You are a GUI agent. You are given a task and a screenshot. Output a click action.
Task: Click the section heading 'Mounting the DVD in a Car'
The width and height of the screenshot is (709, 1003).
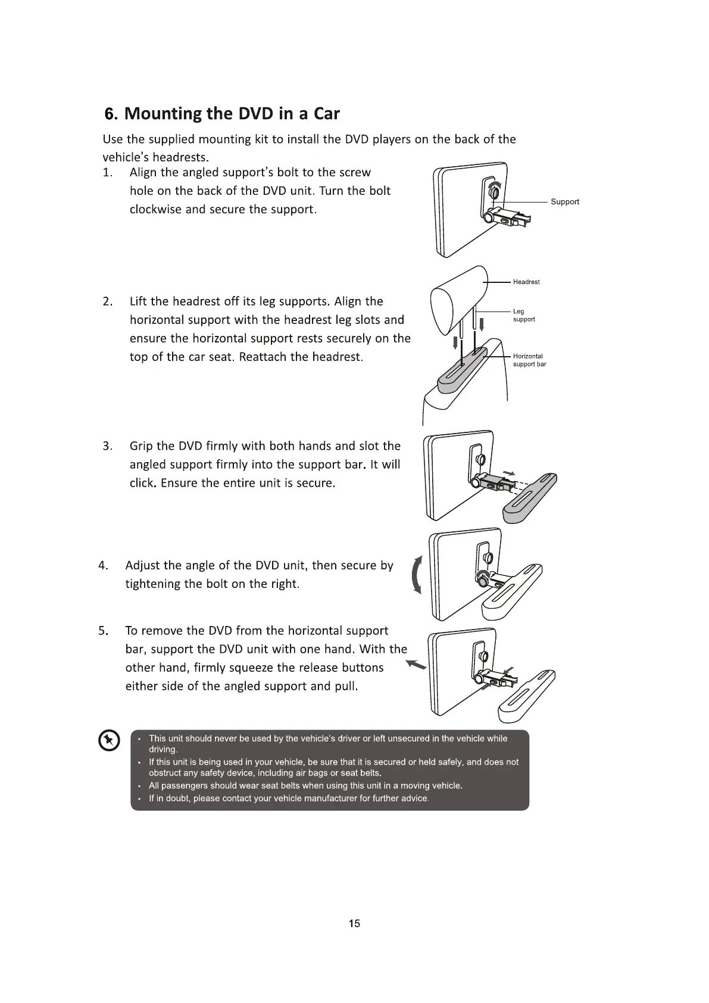click(x=221, y=113)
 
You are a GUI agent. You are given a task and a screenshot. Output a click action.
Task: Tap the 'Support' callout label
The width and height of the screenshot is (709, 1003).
click(x=564, y=202)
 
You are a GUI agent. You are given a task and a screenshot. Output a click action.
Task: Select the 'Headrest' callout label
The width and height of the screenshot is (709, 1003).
click(x=526, y=282)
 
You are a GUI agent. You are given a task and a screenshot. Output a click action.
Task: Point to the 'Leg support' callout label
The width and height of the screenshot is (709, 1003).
click(x=523, y=315)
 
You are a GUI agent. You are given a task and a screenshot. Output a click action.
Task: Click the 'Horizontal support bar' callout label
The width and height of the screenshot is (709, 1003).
click(x=529, y=360)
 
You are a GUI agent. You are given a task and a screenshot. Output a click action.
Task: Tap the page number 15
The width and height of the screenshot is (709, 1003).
click(x=354, y=923)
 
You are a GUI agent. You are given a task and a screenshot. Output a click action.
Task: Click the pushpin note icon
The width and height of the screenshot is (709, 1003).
click(x=108, y=741)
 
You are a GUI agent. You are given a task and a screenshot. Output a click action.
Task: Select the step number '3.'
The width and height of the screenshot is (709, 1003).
click(x=107, y=446)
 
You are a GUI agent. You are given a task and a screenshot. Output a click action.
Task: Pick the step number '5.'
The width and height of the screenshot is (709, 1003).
click(x=103, y=631)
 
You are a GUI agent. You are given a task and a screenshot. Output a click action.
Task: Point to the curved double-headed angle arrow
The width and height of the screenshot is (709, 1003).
click(x=417, y=574)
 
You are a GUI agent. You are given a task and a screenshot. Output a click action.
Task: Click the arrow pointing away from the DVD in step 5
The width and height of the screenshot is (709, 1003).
click(x=416, y=665)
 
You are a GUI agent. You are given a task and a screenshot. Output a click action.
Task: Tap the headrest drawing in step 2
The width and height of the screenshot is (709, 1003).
click(x=458, y=298)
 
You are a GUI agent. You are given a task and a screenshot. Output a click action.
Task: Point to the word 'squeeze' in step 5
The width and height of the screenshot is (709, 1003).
click(x=251, y=668)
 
